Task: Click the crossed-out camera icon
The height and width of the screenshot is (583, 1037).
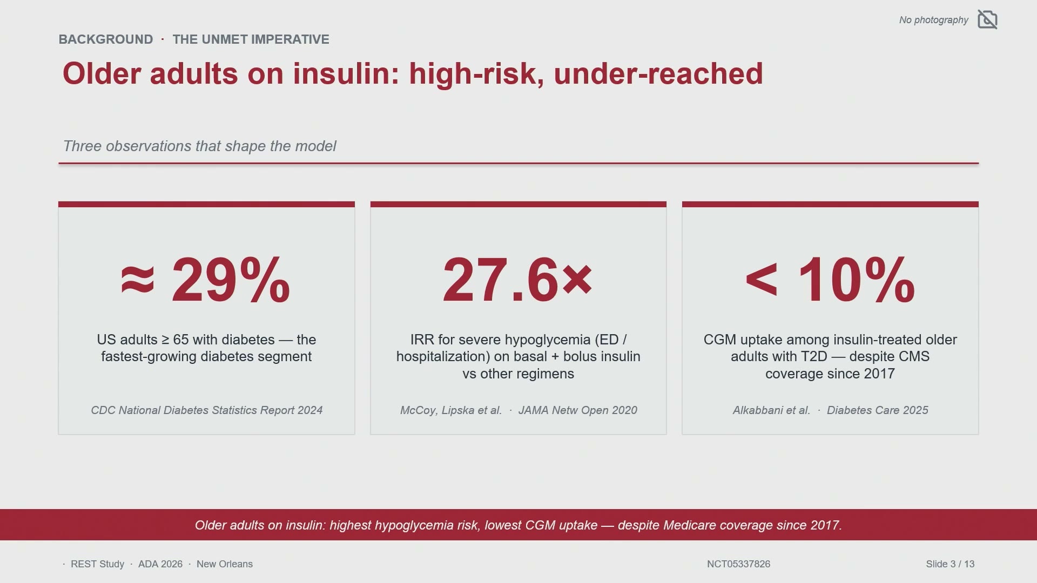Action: (987, 19)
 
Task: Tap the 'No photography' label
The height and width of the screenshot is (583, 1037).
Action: (933, 20)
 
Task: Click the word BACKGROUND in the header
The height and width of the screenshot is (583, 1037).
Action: (106, 39)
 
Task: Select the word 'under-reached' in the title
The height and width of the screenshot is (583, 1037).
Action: (658, 73)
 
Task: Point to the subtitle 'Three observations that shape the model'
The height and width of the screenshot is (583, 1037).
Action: (199, 146)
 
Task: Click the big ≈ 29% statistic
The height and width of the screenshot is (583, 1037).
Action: (206, 280)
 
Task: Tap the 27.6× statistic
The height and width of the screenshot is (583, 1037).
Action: (517, 280)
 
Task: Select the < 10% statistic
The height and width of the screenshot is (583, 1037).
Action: (830, 280)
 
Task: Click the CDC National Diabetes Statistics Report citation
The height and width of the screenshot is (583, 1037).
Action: (207, 410)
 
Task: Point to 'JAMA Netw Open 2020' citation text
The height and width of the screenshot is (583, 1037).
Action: (578, 410)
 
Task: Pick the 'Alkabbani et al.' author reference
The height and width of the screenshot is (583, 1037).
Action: (771, 410)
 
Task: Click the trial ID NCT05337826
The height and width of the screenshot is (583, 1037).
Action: (738, 564)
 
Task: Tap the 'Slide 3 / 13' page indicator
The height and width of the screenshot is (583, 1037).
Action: (950, 564)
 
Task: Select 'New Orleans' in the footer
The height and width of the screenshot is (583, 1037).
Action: (225, 564)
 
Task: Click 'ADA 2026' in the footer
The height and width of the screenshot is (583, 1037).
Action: (160, 564)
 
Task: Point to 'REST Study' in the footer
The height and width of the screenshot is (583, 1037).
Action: (97, 564)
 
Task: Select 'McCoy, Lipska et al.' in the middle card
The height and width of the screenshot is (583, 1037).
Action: (451, 410)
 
